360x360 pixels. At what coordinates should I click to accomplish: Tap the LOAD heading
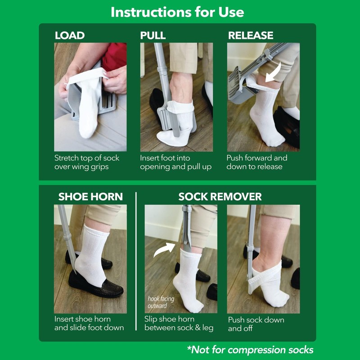[70, 36]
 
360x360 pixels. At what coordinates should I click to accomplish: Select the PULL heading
[153, 36]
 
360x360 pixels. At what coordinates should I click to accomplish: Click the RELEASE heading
[251, 36]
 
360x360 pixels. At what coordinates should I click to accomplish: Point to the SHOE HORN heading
[90, 197]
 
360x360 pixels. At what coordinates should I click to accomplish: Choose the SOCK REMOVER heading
[220, 197]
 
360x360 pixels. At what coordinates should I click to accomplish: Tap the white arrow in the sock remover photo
[165, 249]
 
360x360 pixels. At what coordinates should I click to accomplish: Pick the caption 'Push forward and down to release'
[256, 162]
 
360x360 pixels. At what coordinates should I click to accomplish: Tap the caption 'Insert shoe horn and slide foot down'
[89, 323]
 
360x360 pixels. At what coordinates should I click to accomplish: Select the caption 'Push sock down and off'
[256, 324]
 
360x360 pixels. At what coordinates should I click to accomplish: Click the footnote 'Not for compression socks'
[250, 350]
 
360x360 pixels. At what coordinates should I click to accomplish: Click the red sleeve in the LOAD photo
[115, 56]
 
